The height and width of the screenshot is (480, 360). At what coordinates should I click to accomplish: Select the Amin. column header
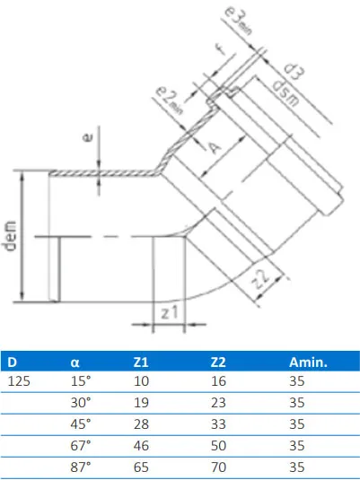[x=307, y=363]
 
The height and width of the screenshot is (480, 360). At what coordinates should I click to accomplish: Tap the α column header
[x=75, y=363]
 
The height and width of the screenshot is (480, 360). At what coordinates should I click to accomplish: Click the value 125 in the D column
[x=19, y=381]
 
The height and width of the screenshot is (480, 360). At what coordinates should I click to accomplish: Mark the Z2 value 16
[x=217, y=381]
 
